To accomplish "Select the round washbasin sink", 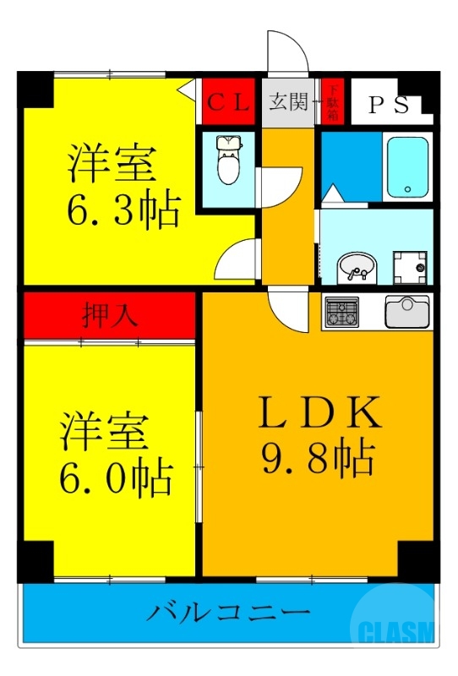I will click(x=357, y=269).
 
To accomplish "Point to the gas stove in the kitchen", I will click(x=341, y=311).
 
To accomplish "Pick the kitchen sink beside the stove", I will click(x=407, y=311).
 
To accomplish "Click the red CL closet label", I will click(x=229, y=104).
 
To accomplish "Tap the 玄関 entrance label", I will click(x=289, y=103).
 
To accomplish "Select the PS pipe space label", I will click(x=389, y=105).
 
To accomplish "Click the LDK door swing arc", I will click(x=286, y=311).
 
